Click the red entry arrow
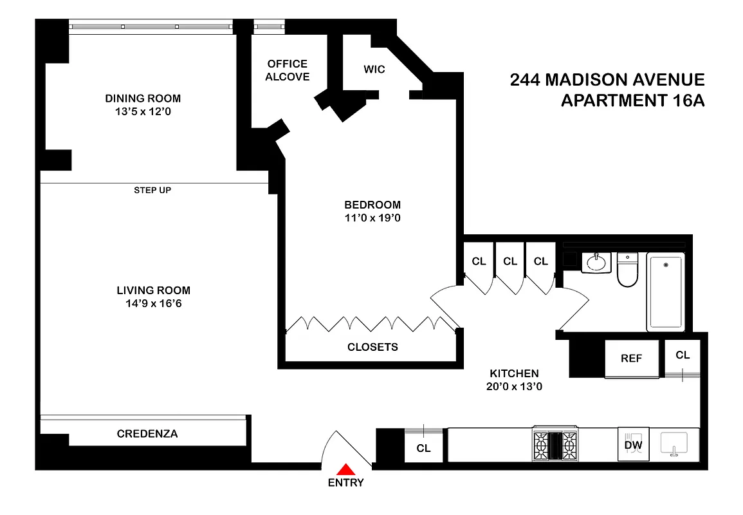point(346,469)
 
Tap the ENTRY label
point(346,483)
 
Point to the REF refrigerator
point(631,359)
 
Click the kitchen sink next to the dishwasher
point(674,443)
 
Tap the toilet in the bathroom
point(627,271)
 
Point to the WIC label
point(374,69)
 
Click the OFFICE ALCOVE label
point(288,70)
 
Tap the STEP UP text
point(152,190)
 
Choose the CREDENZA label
point(147,434)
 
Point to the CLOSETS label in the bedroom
point(372,347)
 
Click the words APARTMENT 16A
point(633,101)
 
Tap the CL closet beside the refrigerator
point(683,355)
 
